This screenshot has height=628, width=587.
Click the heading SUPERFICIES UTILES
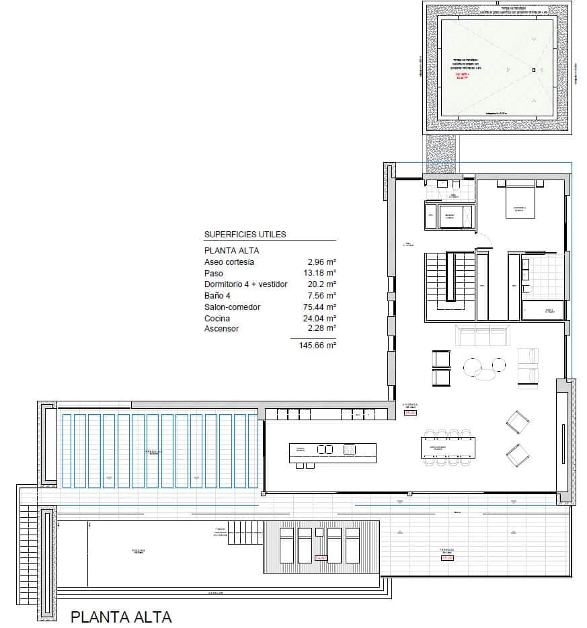[x=245, y=235]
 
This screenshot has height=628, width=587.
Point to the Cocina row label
[x=217, y=318]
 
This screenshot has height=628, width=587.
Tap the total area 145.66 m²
[x=317, y=345]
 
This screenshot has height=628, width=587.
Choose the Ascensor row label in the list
[x=221, y=329]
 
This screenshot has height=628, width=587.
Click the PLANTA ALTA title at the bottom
[x=122, y=617]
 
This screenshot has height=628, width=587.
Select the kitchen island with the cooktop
[x=332, y=450]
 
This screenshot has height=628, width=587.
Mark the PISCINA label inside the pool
[x=138, y=552]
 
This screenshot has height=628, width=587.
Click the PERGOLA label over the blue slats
[x=152, y=453]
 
